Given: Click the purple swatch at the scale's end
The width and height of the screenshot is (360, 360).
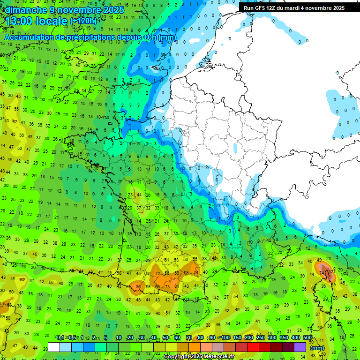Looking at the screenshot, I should point(300,347).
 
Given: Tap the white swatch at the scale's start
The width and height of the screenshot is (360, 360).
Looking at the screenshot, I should point(54,347).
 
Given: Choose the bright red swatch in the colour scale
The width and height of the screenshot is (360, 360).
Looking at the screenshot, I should point(253,347).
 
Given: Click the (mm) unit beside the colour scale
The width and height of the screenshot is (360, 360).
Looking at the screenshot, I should point(318,348).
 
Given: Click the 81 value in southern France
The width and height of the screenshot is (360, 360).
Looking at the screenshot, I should point(176,286).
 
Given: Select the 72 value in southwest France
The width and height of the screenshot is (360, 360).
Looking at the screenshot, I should point(157,273).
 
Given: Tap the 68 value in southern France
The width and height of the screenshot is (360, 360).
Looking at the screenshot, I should point(186,273).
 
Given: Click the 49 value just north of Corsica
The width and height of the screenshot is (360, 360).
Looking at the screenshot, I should point(319,260).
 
